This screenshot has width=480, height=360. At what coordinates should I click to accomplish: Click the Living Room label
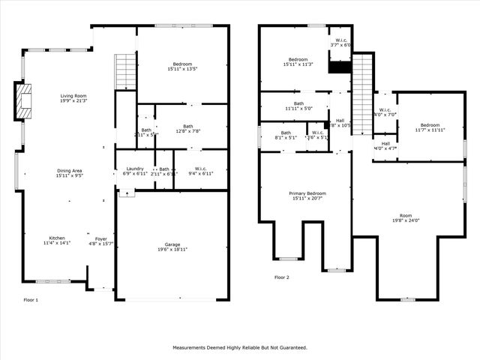73,96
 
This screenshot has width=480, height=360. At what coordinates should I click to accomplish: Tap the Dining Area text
70,171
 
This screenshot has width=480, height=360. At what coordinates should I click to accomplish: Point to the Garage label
172,244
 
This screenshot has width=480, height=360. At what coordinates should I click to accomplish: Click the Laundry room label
135,169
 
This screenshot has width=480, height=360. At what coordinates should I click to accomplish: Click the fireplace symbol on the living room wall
22,101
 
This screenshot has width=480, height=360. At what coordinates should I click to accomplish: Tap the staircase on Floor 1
124,72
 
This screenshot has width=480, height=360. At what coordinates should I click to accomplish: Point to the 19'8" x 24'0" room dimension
406,220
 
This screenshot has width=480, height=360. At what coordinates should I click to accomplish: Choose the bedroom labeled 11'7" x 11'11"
430,125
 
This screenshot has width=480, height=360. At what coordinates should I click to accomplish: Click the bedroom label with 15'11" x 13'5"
182,64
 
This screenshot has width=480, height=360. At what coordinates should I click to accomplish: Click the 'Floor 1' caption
31,299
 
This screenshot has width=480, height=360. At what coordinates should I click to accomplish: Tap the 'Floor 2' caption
281,277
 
